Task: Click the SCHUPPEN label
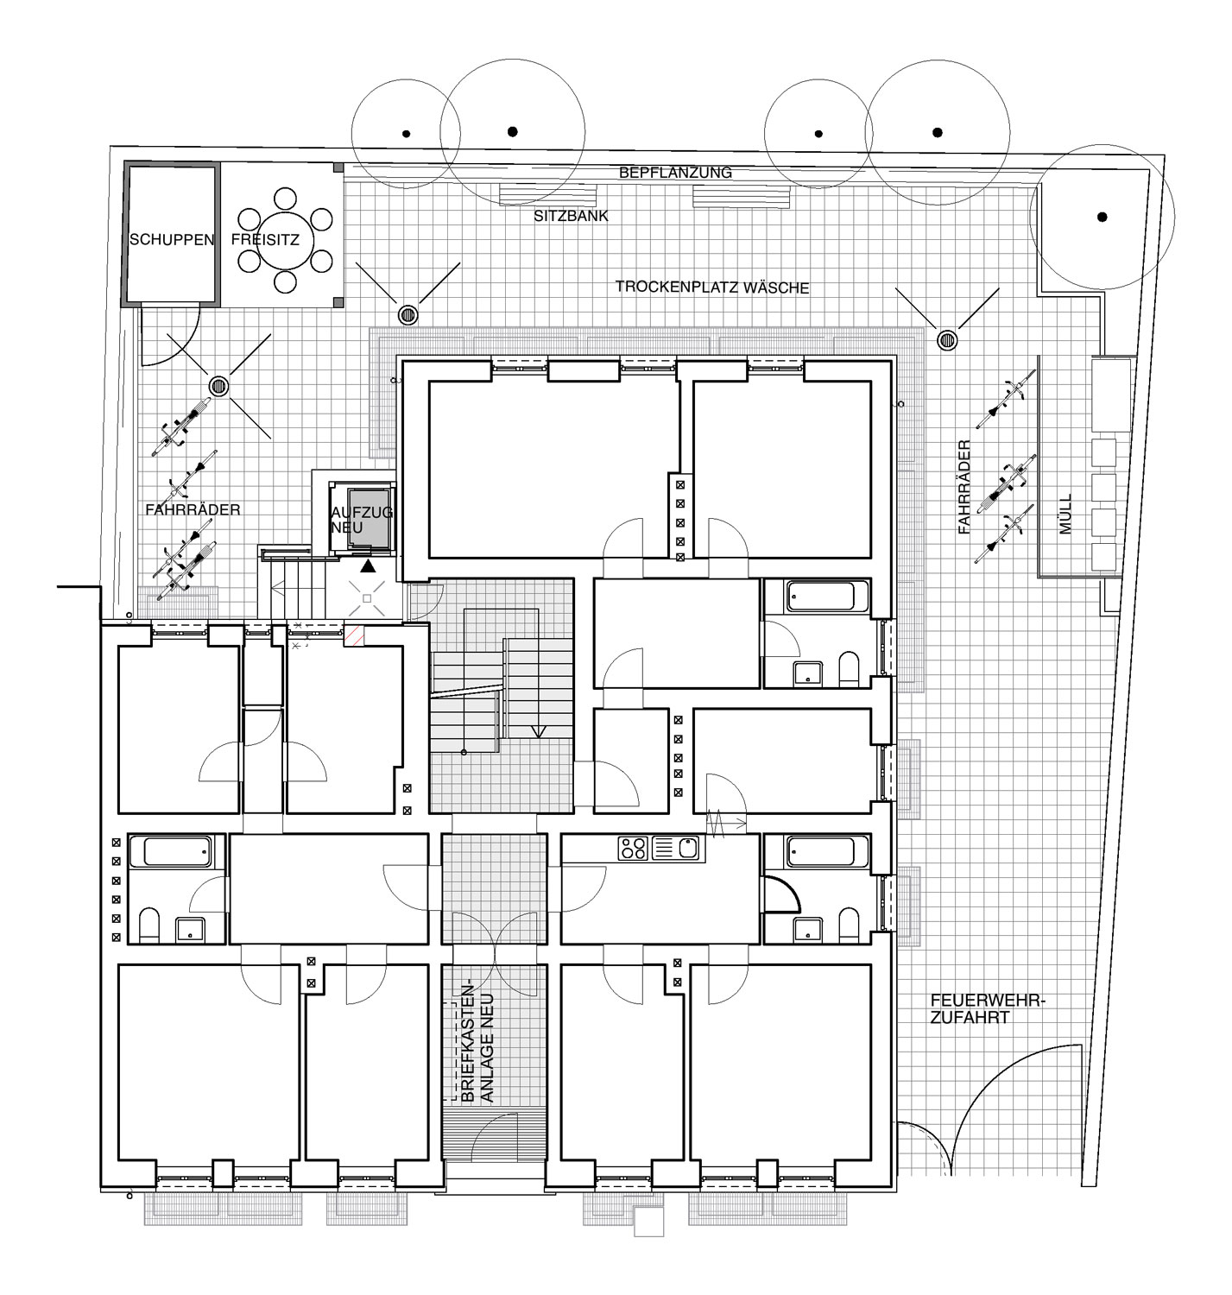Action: tap(172, 240)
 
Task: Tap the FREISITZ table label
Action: tap(265, 240)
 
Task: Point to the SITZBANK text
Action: tap(572, 216)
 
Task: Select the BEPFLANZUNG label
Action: tap(675, 173)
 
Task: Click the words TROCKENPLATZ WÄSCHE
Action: tap(712, 287)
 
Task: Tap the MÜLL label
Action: tap(1066, 514)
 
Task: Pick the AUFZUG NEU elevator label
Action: tap(361, 520)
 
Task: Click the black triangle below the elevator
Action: tap(368, 565)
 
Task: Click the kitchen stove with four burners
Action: tap(633, 848)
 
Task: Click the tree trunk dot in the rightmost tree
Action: tap(1102, 217)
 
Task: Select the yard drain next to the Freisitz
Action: tap(408, 315)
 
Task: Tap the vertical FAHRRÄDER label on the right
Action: tap(965, 487)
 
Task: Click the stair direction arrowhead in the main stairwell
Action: tap(539, 731)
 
